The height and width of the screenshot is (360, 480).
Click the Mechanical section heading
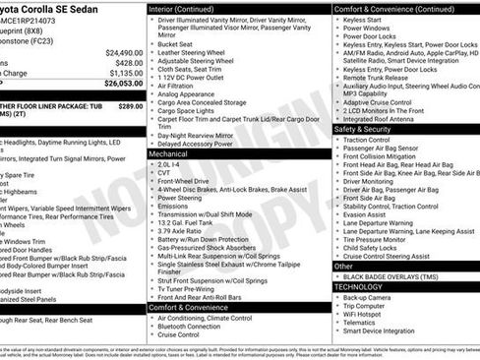coord(170,153)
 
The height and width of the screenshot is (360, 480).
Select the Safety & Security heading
coord(362,128)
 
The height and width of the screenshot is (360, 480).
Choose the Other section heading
coord(343,266)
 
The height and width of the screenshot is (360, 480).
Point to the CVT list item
coord(164,172)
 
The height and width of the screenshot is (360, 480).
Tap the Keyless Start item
coord(363,20)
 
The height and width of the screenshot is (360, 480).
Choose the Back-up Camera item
coord(367,297)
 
